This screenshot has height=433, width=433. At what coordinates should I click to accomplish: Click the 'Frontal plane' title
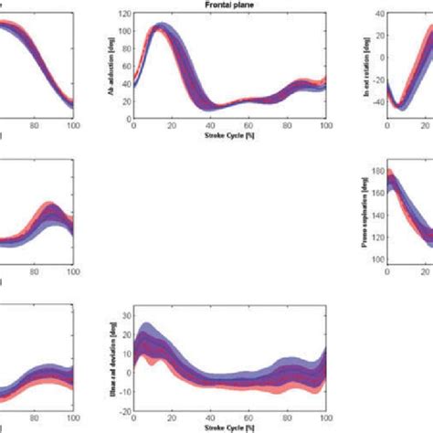tap(228, 5)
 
